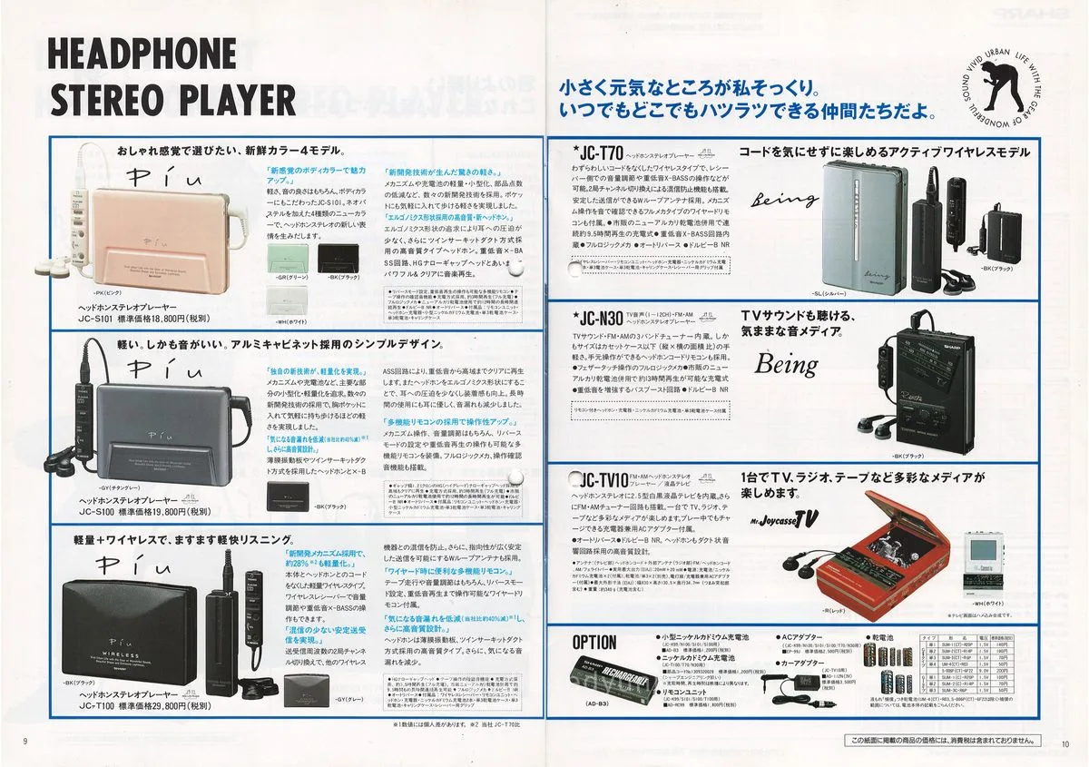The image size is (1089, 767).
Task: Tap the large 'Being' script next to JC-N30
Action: tap(786, 366)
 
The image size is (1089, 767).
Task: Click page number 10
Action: tap(1065, 745)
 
